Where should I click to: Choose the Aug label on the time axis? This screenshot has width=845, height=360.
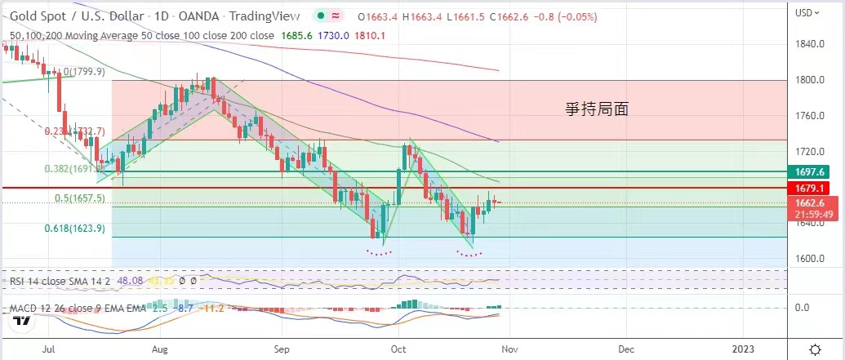point(160,349)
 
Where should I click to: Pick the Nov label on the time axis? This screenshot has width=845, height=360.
point(509,349)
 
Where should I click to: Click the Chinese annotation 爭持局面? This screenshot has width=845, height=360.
point(598,108)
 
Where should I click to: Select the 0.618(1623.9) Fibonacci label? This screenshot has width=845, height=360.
point(75,229)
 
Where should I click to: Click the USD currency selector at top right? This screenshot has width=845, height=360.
point(807,12)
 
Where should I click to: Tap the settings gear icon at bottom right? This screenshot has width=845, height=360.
point(815,349)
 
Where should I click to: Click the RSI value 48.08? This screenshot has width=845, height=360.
point(131,281)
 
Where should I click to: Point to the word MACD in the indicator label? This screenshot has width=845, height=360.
point(24,308)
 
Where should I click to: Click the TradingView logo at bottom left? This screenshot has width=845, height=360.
point(22,320)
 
